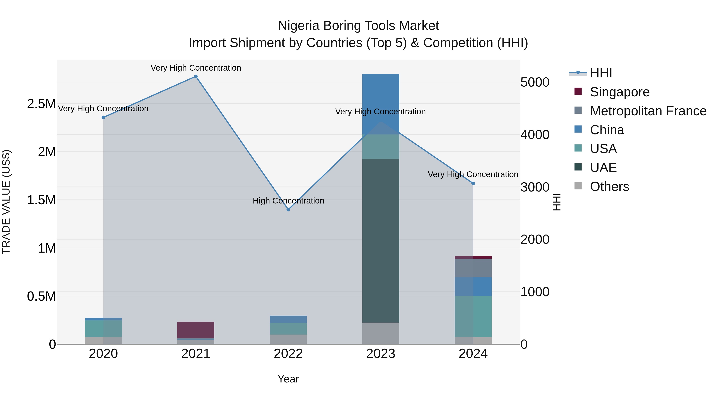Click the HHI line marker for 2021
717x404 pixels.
click(196, 76)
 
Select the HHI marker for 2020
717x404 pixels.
click(103, 117)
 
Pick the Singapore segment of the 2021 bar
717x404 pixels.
click(196, 330)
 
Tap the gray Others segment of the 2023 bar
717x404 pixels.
click(380, 333)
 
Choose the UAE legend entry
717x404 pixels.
click(603, 168)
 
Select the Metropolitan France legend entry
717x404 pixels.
click(648, 111)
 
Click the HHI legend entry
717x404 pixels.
click(601, 73)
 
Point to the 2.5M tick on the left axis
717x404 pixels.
click(41, 104)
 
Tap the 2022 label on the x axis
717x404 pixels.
click(288, 354)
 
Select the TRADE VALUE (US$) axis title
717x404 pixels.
click(6, 202)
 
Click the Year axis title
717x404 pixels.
click(288, 379)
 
